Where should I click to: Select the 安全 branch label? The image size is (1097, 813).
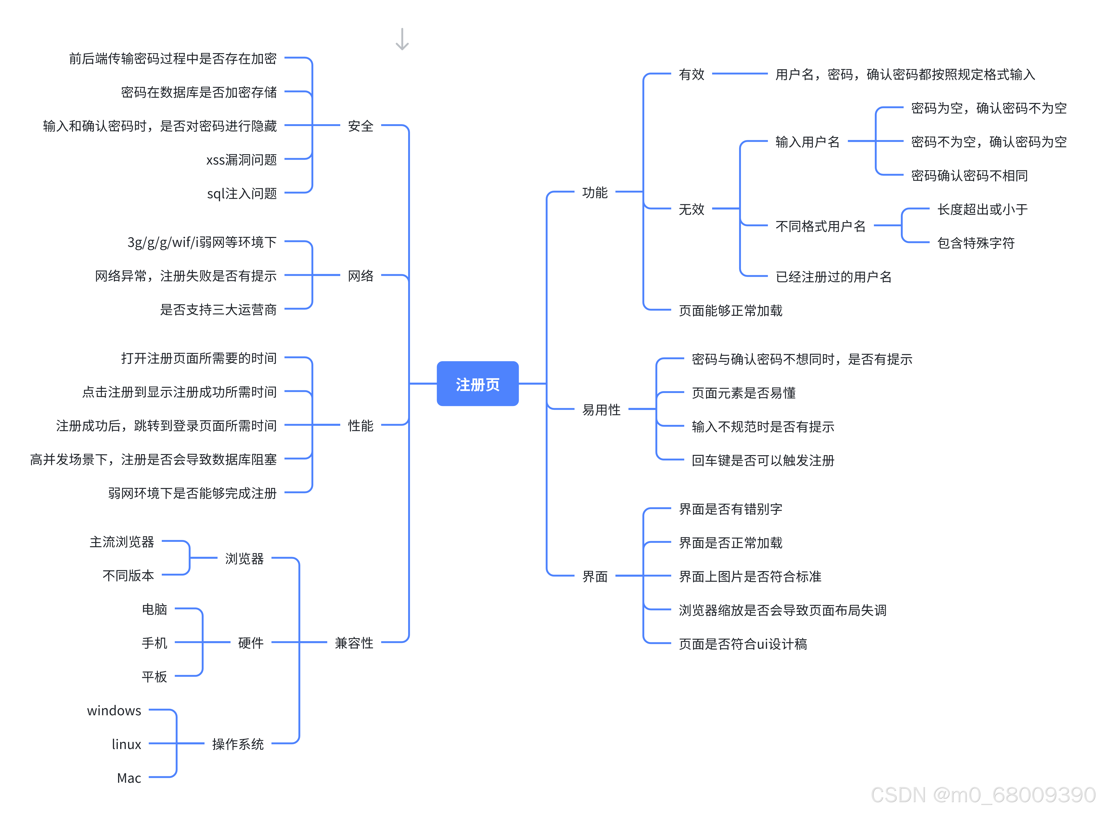pos(360,126)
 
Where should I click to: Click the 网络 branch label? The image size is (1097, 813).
pos(360,276)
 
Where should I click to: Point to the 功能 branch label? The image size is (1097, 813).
pos(595,192)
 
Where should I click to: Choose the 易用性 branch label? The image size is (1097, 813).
pos(601,410)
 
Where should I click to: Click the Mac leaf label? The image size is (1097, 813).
pos(129,778)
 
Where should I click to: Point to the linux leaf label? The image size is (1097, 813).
pos(126,744)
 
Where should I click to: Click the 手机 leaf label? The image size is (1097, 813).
pos(154,643)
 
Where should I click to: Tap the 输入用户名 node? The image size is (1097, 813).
pos(807,142)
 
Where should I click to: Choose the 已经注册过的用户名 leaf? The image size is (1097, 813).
pos(833,277)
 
